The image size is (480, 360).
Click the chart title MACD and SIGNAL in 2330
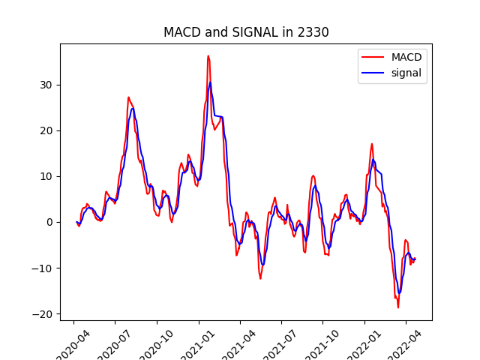tap(246, 33)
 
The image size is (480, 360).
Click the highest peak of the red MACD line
tap(208, 55)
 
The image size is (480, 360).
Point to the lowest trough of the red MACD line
tap(398, 307)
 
